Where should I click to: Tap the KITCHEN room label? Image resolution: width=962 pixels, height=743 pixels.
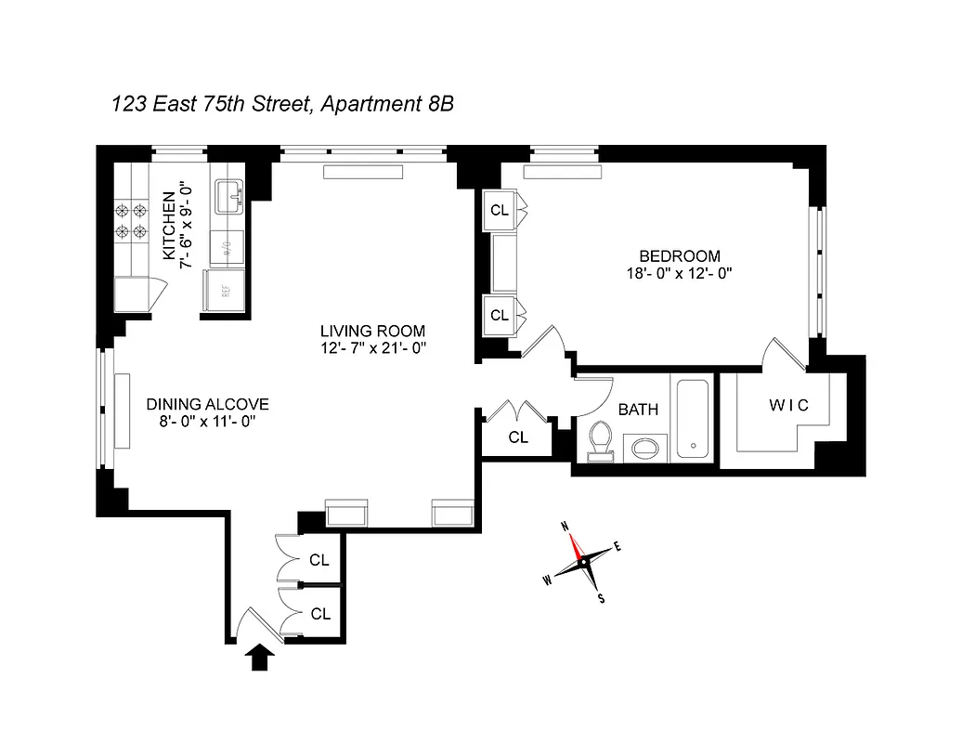[168, 225]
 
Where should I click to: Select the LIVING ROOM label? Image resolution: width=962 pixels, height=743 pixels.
[372, 331]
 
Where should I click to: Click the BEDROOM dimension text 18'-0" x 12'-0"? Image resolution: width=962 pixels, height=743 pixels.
[679, 273]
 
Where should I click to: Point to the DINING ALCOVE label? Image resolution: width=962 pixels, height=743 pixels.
[207, 404]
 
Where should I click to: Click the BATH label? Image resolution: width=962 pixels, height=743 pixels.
[639, 408]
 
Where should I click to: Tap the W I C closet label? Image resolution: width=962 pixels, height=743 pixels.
[788, 405]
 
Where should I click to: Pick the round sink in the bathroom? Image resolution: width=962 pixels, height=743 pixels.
[644, 449]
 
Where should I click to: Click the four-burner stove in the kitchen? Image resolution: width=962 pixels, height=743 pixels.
[130, 220]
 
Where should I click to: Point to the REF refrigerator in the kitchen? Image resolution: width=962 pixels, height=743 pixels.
[224, 291]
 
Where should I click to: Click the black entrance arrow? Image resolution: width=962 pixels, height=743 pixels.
[261, 658]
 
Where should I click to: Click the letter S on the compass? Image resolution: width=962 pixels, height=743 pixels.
[601, 598]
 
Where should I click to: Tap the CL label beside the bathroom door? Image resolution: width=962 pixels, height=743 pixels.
[518, 437]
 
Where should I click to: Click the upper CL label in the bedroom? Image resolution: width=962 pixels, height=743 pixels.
[500, 211]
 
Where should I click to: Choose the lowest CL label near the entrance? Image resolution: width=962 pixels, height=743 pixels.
[320, 614]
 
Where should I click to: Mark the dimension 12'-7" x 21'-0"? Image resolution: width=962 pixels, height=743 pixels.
[372, 348]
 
